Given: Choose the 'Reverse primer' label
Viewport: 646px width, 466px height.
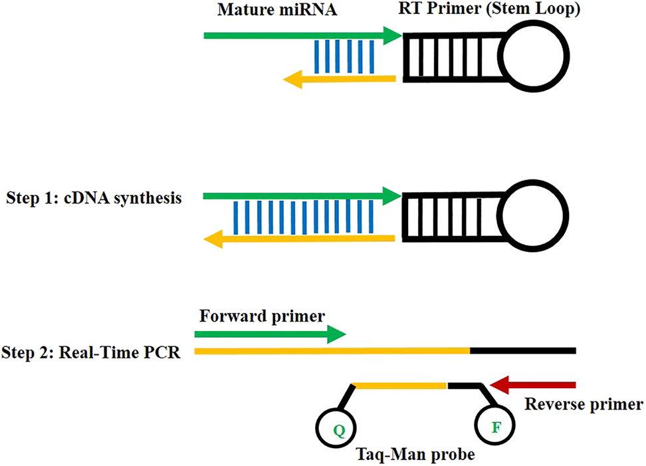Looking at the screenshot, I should pyautogui.click(x=584, y=404).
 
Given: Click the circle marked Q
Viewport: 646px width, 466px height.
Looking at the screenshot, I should pyautogui.click(x=338, y=428).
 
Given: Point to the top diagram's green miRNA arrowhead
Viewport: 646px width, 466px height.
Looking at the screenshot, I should pyautogui.click(x=392, y=35).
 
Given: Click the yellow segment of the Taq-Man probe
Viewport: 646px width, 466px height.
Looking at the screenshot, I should pyautogui.click(x=399, y=384).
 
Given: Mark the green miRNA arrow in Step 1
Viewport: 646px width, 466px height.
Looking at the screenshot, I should pyautogui.click(x=299, y=197).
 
